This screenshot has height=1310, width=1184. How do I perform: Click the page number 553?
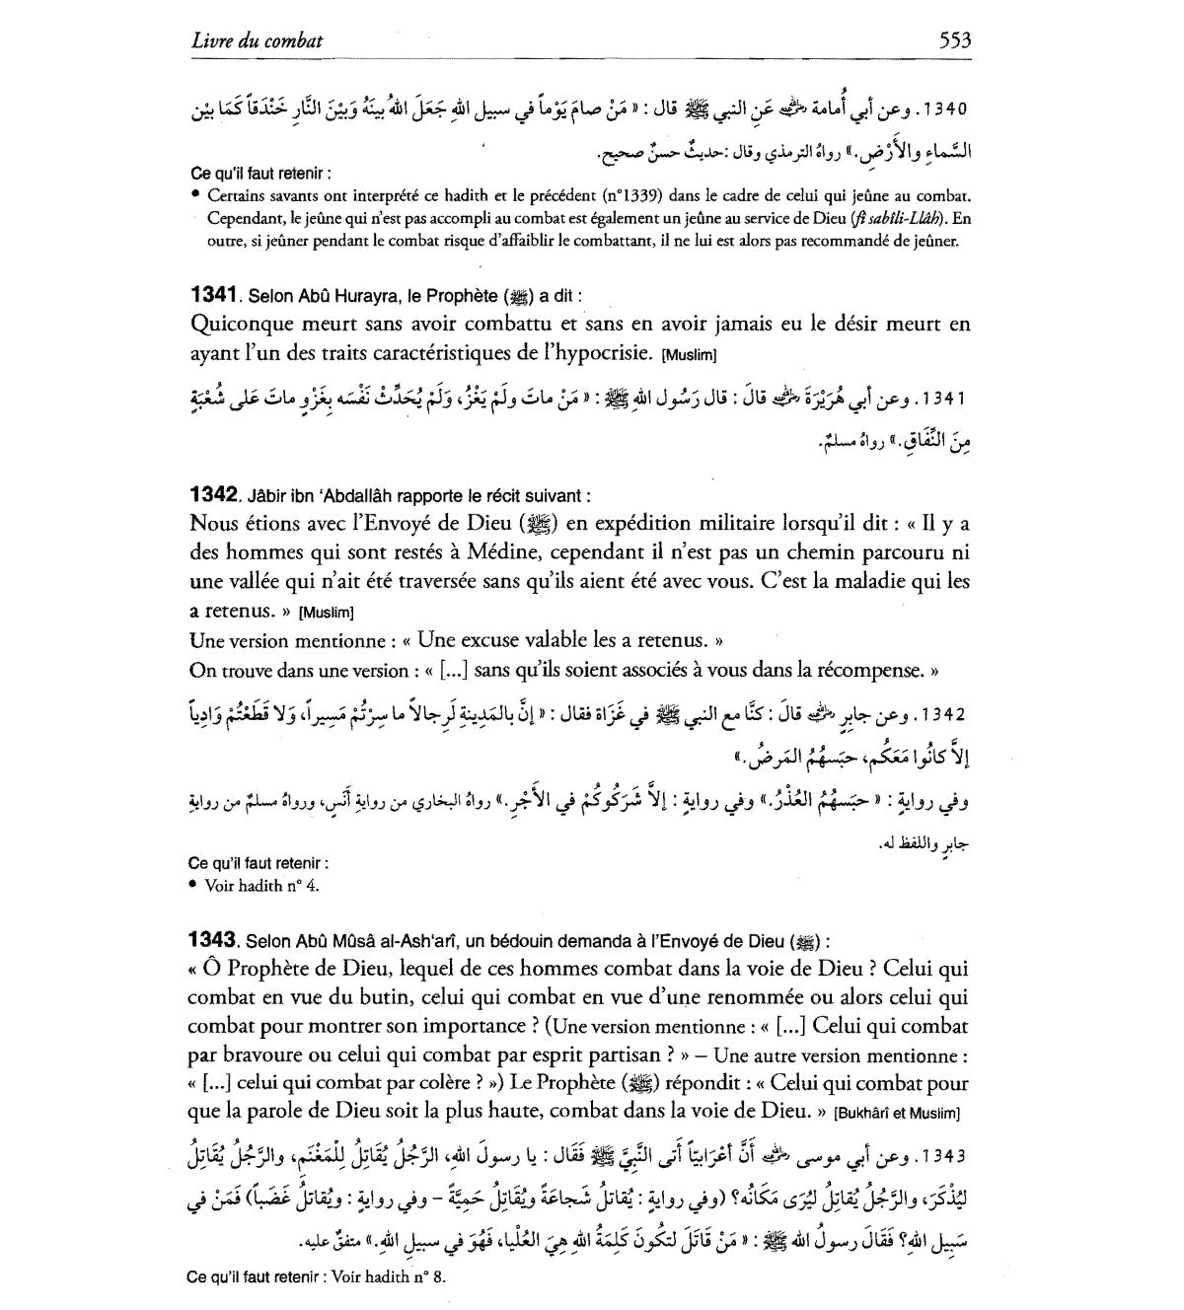(x=954, y=40)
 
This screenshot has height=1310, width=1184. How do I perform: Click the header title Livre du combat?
(x=258, y=41)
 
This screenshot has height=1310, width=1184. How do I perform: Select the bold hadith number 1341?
(x=213, y=295)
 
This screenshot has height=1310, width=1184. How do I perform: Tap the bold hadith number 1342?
(x=213, y=495)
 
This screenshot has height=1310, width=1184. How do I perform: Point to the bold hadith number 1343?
(x=213, y=941)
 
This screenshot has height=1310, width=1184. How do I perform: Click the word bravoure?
(x=256, y=1055)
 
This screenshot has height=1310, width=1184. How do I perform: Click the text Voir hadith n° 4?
(x=261, y=885)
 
